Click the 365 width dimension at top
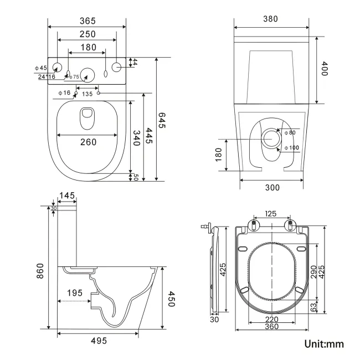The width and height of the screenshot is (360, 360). point(87,21)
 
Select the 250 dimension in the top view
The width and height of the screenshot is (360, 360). point(87,34)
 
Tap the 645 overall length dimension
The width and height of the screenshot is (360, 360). point(162,120)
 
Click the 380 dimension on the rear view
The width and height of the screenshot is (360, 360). point(270,19)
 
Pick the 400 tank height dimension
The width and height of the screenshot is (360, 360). point(325,71)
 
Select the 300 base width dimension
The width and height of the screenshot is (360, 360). point(272,188)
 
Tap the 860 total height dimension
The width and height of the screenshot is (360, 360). point(40,270)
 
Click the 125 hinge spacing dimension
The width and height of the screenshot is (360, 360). point(271,213)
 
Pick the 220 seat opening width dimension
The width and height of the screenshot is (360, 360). point(271,320)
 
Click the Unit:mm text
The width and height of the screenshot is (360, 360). point(324,344)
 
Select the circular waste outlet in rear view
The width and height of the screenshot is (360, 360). point(272,138)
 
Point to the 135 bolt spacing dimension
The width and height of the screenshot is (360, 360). point(87,94)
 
